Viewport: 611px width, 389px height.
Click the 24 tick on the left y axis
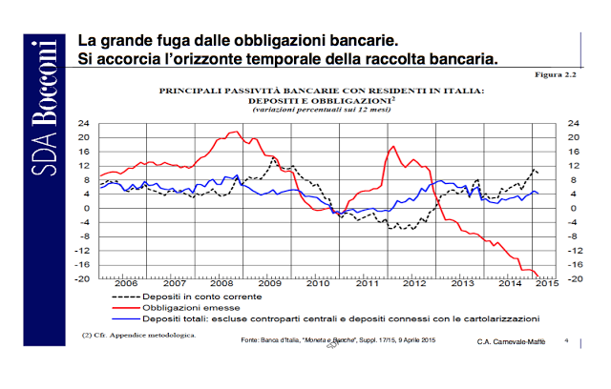point(84,123)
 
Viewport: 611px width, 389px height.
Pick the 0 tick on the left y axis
point(87,209)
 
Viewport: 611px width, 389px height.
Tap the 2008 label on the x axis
point(221,283)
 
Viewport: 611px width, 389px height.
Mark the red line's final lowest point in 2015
point(537,276)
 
